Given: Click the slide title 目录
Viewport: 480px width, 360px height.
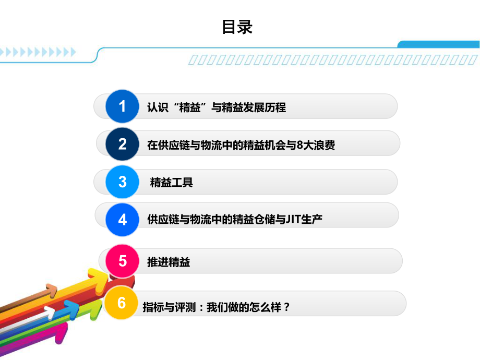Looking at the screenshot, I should (x=237, y=27).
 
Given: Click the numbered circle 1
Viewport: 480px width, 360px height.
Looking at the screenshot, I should (x=123, y=106).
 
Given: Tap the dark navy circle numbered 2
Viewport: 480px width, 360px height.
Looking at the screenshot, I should (x=123, y=144).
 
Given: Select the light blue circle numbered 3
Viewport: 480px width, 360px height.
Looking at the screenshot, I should (x=123, y=182).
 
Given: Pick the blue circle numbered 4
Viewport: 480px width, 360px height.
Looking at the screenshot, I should (x=123, y=219).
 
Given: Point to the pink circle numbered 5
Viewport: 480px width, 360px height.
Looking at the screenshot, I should (x=123, y=260).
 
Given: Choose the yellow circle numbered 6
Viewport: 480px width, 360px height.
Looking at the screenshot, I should (x=122, y=303).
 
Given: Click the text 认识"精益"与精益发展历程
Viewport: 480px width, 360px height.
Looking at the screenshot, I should (x=217, y=108).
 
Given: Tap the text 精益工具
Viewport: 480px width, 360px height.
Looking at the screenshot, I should (x=172, y=183).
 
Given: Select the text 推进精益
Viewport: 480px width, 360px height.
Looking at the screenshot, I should (x=169, y=262).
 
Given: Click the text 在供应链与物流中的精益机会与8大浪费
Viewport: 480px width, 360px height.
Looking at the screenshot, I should (x=241, y=145).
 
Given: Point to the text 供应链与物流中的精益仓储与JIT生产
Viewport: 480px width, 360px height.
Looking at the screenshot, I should (x=235, y=220).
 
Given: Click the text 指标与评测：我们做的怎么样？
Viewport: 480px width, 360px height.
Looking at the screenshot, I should (x=216, y=307).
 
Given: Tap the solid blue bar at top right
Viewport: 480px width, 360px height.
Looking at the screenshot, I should (x=438, y=44).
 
